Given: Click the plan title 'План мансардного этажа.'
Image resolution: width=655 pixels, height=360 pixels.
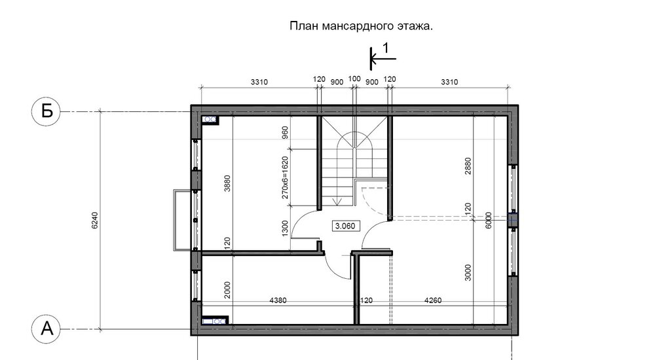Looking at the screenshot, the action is [362, 26].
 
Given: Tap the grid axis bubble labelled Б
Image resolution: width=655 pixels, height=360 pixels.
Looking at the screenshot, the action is [46, 111].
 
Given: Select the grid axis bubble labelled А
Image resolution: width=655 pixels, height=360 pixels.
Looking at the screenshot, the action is [46, 329].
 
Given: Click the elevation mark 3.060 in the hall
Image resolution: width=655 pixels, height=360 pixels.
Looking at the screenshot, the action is [345, 226].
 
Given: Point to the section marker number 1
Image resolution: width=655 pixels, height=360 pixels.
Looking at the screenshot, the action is [386, 48].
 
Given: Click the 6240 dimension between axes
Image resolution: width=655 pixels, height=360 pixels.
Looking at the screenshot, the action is [94, 220].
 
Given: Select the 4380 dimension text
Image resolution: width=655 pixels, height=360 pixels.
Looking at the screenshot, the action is [278, 300].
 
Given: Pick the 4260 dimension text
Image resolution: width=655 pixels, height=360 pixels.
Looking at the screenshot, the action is [432, 300].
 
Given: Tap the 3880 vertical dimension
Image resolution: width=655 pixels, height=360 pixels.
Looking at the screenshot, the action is [227, 183].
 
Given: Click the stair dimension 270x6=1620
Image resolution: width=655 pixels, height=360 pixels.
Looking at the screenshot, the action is [286, 177].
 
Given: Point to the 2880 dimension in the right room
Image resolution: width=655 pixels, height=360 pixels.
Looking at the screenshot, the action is [468, 166].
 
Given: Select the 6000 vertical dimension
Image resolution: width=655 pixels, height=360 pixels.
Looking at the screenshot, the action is [489, 220].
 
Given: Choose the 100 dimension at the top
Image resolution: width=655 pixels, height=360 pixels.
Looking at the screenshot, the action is [354, 79].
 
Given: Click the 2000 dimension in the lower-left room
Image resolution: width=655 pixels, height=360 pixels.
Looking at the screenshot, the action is [227, 290].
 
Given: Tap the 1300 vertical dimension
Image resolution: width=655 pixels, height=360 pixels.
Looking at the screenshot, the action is [286, 228].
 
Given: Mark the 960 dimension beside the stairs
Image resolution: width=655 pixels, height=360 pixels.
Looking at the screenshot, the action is [286, 132].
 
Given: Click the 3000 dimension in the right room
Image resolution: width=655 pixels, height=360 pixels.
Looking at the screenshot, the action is [468, 273].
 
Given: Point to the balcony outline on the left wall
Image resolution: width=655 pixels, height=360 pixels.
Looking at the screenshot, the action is [175, 220].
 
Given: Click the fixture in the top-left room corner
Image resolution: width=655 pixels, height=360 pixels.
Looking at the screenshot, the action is [210, 119].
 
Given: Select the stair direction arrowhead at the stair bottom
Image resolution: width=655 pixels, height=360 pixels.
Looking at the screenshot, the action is [338, 202].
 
